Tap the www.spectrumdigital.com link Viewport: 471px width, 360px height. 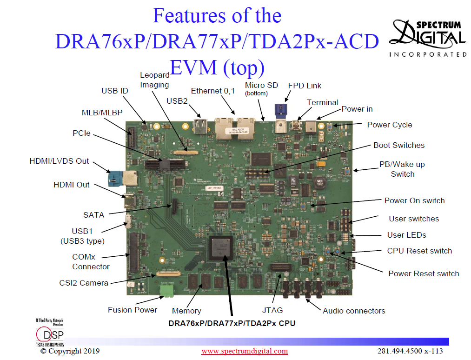[x=245, y=351]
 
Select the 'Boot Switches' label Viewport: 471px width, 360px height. [x=399, y=145]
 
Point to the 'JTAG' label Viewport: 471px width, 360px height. [x=272, y=310]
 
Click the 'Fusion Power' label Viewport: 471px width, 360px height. [x=133, y=310]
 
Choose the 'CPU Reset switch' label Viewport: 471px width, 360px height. [x=419, y=251]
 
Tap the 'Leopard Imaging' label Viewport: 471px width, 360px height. [x=154, y=80]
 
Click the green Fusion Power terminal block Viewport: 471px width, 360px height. [x=166, y=291]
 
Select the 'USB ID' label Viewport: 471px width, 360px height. [x=115, y=91]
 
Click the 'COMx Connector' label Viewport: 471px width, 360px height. [x=91, y=261]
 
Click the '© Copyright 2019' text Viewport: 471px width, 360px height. [x=70, y=351]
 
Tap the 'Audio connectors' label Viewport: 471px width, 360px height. [x=354, y=311]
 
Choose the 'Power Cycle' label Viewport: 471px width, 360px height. [x=390, y=125]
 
